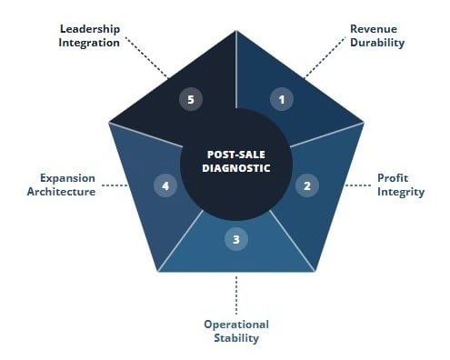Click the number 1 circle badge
(x=282, y=99)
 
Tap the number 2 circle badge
(x=307, y=185)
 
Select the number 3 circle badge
(x=236, y=240)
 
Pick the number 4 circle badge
(x=165, y=185)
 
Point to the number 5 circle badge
(x=190, y=99)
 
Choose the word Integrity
(x=396, y=193)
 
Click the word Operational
(x=236, y=325)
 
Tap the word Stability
(x=236, y=339)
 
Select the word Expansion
(x=65, y=178)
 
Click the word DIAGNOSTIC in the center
(x=236, y=167)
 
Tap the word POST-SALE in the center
(x=236, y=154)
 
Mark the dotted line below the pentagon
(x=236, y=293)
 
